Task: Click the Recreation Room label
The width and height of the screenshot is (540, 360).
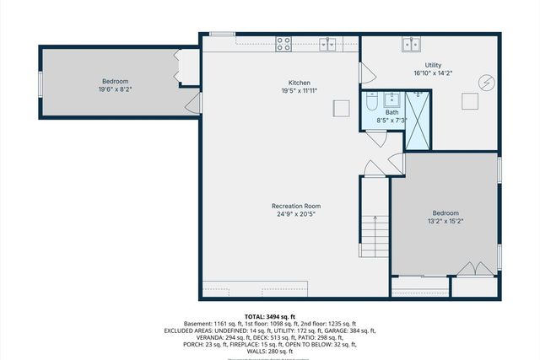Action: (295, 206)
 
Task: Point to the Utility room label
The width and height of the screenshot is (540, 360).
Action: (434, 64)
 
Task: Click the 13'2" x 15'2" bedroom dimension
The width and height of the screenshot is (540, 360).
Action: (445, 221)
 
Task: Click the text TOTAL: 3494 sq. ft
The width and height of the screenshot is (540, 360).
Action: (270, 316)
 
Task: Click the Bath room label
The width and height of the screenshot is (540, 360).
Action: (392, 112)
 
